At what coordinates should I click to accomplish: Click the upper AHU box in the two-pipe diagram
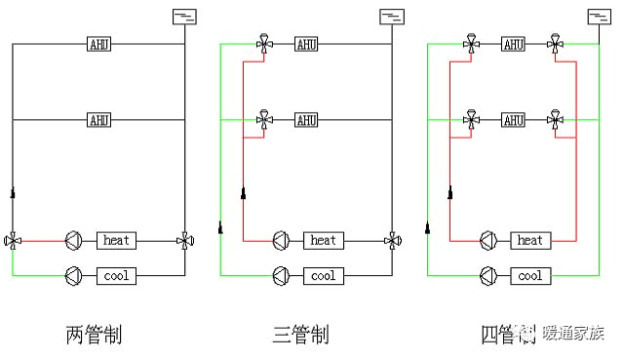99,44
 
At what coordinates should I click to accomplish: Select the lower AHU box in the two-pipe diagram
99,120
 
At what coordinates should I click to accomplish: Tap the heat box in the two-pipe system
116,240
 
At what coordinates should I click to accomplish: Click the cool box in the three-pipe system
323,276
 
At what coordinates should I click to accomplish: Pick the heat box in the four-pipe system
530,240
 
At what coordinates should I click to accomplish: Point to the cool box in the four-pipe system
530,276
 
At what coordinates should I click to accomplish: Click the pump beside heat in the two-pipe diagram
74,240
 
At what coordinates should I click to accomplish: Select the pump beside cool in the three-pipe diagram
281,276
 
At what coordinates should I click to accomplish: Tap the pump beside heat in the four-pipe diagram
488,240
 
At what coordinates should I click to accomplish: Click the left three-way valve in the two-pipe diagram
13,240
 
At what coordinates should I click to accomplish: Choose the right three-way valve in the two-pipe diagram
184,240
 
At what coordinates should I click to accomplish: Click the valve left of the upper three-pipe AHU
264,44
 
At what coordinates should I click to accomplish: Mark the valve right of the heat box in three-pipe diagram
392,240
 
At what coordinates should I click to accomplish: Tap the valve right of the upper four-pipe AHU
555,44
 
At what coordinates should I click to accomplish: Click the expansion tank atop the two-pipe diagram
183,16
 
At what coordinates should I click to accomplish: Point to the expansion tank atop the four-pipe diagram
599,16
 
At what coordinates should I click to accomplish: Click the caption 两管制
94,336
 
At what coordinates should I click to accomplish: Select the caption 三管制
300,336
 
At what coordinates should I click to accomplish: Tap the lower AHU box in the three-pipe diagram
306,120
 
